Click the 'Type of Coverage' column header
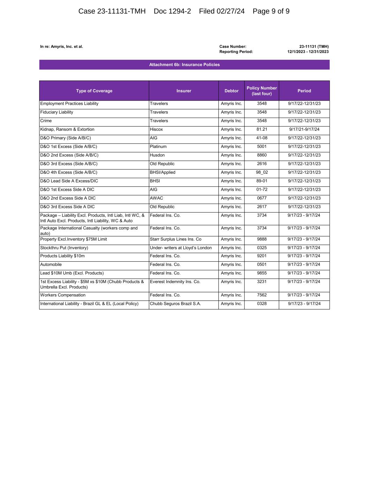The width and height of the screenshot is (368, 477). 94,91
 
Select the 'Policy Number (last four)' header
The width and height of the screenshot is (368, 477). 262,91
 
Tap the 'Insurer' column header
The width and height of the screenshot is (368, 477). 184,91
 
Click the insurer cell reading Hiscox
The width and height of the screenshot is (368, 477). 156,129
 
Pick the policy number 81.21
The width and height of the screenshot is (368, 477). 262,129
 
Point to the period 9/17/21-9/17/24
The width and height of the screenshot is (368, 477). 304,129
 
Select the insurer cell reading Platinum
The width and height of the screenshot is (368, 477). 158,147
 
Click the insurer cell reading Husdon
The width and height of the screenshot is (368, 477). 157,155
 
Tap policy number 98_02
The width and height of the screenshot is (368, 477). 262,172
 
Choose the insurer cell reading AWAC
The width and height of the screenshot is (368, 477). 156,198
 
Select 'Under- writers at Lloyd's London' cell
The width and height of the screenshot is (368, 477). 181,248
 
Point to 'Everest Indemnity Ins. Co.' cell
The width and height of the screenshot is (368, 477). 175,282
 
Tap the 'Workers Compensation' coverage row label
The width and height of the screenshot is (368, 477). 63,295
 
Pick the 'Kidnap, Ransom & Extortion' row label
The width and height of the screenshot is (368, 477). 67,129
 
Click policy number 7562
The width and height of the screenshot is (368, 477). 262,295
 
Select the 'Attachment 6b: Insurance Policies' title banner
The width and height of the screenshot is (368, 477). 184,65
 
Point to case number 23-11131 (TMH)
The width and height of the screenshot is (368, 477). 314,46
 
